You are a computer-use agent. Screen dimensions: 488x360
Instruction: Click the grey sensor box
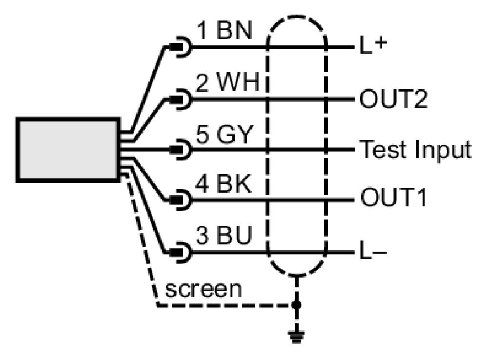(68, 150)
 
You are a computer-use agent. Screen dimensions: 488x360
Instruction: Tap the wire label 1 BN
(224, 30)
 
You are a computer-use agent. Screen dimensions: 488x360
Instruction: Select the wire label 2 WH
(227, 82)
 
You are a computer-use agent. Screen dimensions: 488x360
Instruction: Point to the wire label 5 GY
(224, 135)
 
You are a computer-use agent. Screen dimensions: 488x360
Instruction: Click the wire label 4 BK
(223, 184)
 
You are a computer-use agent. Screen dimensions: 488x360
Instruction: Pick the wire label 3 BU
(224, 235)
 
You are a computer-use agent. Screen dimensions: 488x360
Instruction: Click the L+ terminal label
(373, 46)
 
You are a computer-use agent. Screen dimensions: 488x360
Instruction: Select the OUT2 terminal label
(393, 99)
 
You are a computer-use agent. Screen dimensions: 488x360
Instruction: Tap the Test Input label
(415, 150)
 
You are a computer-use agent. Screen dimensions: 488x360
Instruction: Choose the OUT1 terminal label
(393, 198)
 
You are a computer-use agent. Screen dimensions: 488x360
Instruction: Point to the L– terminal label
(373, 251)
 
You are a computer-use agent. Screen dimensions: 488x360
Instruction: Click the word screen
(203, 289)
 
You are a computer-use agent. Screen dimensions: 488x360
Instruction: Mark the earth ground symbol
(296, 337)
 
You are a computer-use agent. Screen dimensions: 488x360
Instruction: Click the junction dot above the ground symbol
(296, 305)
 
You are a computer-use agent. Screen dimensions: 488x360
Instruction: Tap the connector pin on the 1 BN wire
(176, 47)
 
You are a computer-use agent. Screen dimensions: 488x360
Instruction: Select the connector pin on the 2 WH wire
(176, 99)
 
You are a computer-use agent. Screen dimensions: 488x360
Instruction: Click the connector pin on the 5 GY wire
(176, 150)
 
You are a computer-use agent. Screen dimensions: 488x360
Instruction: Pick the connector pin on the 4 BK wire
(176, 200)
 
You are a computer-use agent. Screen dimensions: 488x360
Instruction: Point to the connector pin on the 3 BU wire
(176, 252)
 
